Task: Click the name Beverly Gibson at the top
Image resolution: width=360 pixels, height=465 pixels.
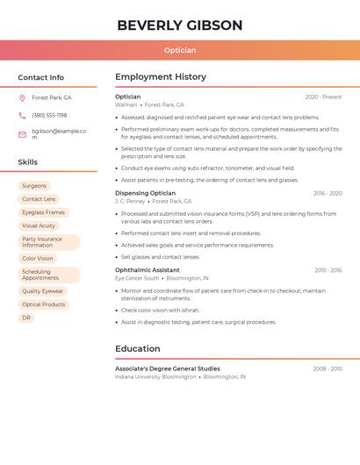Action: (x=179, y=25)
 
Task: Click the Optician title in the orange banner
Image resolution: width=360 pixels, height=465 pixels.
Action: (x=179, y=50)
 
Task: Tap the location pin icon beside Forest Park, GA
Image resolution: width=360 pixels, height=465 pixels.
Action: (x=22, y=98)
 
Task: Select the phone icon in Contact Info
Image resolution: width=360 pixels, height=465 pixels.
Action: (x=22, y=115)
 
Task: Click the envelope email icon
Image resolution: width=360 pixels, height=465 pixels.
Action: (x=22, y=134)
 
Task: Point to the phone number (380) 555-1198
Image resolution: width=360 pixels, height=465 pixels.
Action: (x=49, y=115)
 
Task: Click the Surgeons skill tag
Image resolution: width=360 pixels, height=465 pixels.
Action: (x=34, y=186)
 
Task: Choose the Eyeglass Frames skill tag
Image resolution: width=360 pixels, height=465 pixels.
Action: (x=43, y=212)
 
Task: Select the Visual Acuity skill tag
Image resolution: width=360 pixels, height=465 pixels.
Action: (x=39, y=225)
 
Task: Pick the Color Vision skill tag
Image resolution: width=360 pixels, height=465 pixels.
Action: (x=38, y=259)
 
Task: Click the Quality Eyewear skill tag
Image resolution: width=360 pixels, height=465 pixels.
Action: (x=43, y=291)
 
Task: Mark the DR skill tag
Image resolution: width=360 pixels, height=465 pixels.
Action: (x=26, y=318)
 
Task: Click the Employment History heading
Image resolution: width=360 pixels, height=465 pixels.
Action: (x=161, y=77)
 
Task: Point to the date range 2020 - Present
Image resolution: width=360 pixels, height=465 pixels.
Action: (x=323, y=97)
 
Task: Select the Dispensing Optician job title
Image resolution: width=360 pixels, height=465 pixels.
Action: (x=145, y=193)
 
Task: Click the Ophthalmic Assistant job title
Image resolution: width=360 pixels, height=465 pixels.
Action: (x=147, y=270)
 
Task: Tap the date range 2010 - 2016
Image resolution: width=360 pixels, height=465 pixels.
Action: (x=328, y=270)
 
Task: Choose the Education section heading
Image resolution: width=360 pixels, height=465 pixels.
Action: (x=138, y=348)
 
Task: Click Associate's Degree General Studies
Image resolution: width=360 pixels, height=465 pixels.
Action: (x=167, y=368)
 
